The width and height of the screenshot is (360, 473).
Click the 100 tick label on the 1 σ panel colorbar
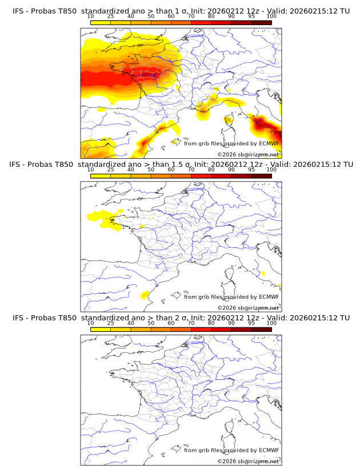271,16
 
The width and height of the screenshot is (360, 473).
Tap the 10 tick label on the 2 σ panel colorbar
90,323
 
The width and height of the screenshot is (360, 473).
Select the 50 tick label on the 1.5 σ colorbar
151,170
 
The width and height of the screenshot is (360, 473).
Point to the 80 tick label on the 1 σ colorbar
211,16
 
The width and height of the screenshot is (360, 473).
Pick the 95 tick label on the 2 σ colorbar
251,323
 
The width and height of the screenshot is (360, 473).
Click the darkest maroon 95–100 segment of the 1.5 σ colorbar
261,175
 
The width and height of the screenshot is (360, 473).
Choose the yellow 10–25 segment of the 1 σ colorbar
101,22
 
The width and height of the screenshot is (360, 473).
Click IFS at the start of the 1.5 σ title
17,165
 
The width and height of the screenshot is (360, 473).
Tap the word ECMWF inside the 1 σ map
269,143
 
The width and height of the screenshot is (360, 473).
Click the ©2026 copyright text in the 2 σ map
227,461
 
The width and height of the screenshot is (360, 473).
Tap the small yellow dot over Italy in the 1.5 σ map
263,274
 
